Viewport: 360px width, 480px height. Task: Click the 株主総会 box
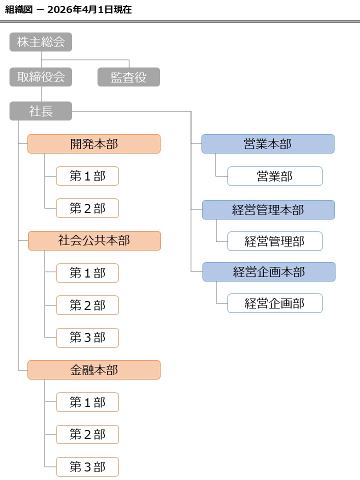pos(40,42)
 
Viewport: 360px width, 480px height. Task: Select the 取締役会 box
pos(40,77)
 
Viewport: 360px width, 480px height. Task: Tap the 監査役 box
pos(128,77)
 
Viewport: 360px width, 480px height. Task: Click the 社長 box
pos(40,111)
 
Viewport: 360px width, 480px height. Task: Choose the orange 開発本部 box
pos(94,144)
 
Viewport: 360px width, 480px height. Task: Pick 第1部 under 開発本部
pos(87,176)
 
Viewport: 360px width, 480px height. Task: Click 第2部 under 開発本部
pos(87,208)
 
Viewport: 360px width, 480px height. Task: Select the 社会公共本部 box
pos(94,240)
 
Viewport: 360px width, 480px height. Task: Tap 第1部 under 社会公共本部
pos(87,273)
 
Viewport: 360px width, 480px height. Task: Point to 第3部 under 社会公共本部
pos(87,337)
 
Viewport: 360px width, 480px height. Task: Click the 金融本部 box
pos(94,370)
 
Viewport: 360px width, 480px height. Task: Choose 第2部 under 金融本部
pos(87,434)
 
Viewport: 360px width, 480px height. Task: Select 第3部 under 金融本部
pos(87,466)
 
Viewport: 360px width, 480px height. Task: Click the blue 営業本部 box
pos(268,144)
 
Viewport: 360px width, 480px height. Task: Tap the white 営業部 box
pos(274,176)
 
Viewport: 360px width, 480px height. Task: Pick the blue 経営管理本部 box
pos(268,210)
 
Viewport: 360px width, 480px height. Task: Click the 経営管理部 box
pos(274,241)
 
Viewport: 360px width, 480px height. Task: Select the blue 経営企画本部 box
pos(268,272)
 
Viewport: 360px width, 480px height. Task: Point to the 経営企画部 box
pos(274,303)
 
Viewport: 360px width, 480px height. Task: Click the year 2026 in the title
pos(60,9)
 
